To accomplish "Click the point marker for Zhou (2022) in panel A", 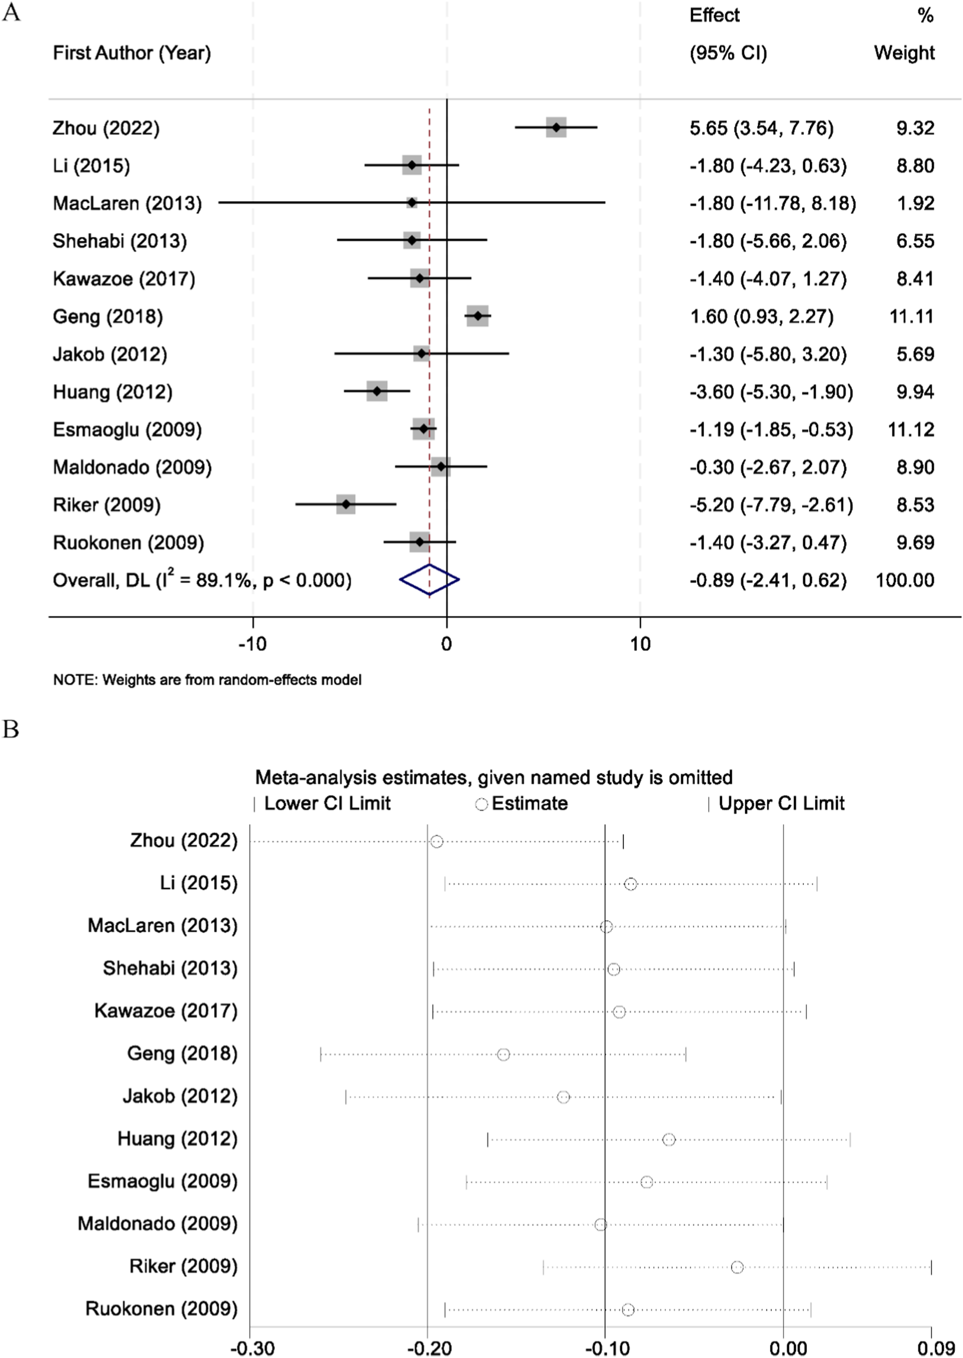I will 555,127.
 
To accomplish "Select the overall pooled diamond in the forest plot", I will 429,580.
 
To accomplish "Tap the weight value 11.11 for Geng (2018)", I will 912,316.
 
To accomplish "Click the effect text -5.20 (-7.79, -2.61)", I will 771,505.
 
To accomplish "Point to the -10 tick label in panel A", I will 253,644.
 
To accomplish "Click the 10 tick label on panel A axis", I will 640,644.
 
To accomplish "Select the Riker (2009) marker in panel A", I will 346,505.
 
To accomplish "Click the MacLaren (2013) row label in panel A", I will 127,203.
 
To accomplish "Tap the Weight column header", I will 904,53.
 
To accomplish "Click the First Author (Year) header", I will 132,53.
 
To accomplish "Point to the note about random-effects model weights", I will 207,680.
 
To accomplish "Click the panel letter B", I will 11,729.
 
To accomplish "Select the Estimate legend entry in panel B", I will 522,804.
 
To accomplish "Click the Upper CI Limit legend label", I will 781,804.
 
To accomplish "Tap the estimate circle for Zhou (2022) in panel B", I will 436,842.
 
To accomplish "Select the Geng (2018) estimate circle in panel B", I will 503,1055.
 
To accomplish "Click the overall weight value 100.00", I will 905,580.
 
